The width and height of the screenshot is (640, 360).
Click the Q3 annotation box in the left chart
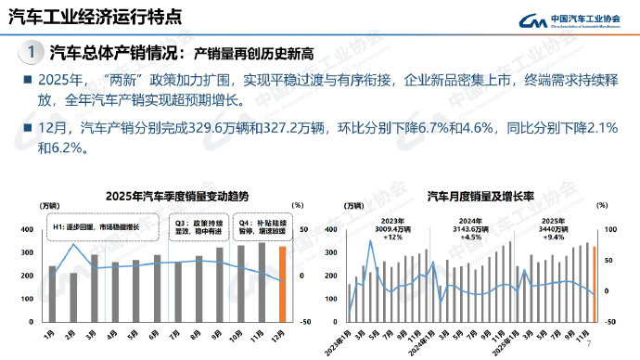pos(197,225)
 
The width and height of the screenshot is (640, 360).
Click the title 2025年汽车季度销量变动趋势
pos(164,196)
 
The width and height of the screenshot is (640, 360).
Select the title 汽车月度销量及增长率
pos(469,196)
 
